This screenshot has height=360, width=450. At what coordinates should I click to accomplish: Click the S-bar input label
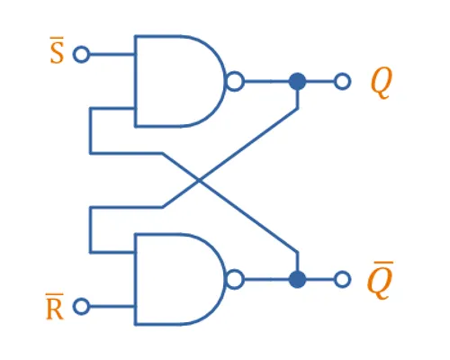point(57,50)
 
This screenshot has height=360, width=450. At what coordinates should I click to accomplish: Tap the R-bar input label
point(55,307)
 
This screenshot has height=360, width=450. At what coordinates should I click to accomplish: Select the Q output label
point(382,84)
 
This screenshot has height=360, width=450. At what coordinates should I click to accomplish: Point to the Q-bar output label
point(380,281)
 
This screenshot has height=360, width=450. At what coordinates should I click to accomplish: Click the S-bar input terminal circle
point(81,54)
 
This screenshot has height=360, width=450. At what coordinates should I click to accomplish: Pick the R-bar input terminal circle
point(81,306)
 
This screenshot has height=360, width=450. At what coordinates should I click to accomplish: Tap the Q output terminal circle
point(342,81)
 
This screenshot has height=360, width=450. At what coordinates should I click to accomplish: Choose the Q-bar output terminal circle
point(342,279)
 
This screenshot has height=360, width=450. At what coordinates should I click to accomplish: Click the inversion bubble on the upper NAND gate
point(235,81)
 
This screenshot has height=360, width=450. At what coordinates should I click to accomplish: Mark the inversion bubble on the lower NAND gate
point(235,279)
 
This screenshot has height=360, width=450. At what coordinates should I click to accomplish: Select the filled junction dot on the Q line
point(297,81)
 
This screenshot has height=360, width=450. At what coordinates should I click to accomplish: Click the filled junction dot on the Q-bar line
point(297,279)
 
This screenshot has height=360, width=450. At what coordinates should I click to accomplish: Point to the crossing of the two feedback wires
point(199,180)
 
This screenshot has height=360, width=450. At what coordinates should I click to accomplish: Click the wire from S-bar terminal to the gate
point(112,54)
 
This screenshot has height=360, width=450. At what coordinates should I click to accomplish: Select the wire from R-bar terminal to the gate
point(112,306)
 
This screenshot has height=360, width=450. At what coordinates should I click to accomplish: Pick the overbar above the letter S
point(57,38)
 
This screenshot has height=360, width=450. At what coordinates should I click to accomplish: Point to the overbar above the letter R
point(55,294)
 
